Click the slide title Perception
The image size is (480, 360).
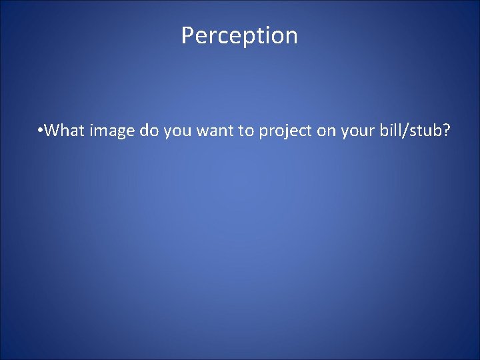tap(239, 35)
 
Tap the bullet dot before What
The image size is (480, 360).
tap(41, 131)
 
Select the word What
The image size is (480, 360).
tap(66, 131)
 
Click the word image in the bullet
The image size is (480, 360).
tap(113, 131)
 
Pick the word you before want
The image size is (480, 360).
tap(175, 131)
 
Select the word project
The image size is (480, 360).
tap(286, 131)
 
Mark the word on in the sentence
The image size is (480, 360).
tap(326, 131)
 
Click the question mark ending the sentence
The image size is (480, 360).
tap(446, 131)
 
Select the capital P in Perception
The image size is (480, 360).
tap(187, 35)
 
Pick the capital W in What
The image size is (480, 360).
tap(53, 131)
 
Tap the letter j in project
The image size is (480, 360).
tap(282, 132)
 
